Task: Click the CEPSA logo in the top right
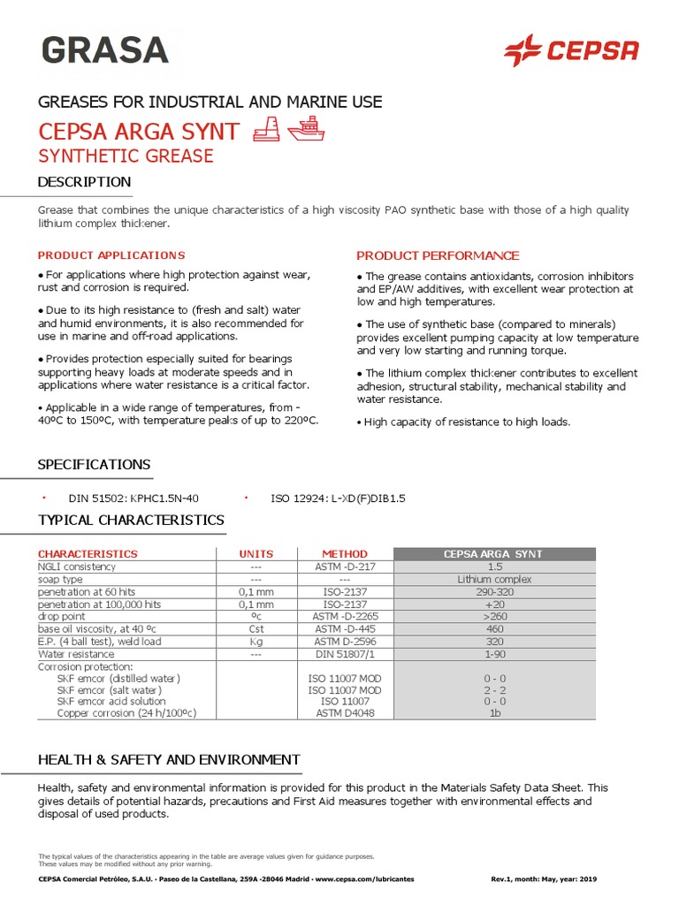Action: [570, 50]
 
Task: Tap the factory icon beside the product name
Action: [267, 131]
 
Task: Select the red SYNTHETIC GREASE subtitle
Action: [125, 156]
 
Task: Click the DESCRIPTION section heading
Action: [84, 182]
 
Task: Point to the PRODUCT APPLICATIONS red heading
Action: [111, 255]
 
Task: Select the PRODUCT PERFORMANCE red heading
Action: [437, 255]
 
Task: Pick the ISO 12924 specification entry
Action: [338, 498]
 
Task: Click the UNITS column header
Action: [256, 554]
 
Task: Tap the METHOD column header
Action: [344, 554]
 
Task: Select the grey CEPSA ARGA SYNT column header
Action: [493, 554]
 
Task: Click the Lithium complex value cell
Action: [493, 579]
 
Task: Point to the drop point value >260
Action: [493, 616]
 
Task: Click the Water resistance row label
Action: [76, 654]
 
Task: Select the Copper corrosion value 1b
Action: [493, 712]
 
